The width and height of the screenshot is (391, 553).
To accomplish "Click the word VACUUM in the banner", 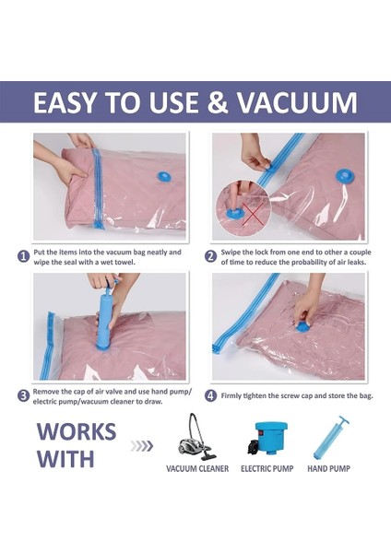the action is [x=297, y=102].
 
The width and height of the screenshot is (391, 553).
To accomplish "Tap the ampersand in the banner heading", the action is [x=217, y=102].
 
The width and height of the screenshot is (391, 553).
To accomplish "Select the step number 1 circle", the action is [x=23, y=256].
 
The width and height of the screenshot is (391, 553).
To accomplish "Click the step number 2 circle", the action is [x=210, y=256].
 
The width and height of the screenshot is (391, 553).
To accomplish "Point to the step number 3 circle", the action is [x=23, y=395].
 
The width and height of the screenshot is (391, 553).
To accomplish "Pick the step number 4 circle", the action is [x=210, y=395].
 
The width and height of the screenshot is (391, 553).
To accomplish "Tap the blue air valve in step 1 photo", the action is [x=163, y=177].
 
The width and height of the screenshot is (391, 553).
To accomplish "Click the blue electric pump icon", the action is [x=267, y=439].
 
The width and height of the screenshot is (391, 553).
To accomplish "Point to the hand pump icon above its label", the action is [x=331, y=438].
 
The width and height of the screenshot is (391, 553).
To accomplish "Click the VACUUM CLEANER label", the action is [x=197, y=469].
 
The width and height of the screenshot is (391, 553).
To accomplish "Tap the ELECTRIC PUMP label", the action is [x=267, y=469].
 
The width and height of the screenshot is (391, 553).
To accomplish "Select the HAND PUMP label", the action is [x=328, y=469].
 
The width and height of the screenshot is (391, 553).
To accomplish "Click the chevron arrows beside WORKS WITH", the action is [x=142, y=446].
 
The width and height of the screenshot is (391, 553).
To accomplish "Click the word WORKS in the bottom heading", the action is [x=77, y=431].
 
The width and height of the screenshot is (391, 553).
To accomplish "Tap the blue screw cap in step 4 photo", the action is [x=302, y=327].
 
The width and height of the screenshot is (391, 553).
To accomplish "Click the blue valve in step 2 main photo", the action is [x=344, y=177].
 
